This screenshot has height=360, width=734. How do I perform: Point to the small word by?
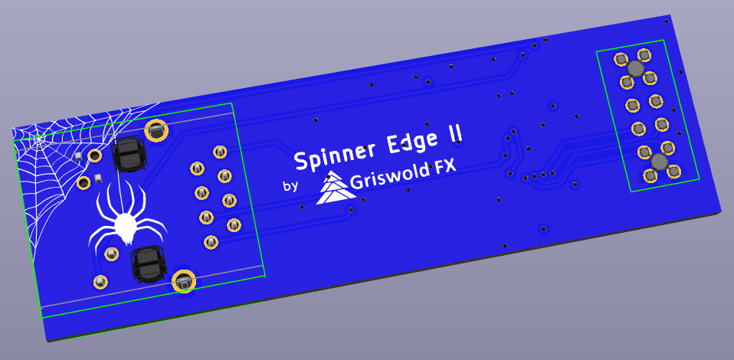point(290,185)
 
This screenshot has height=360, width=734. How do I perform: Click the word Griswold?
point(389,177)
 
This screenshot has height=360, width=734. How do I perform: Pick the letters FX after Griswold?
point(445,167)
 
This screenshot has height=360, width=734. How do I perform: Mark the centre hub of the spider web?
point(37,140)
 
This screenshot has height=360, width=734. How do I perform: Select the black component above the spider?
point(128,152)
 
